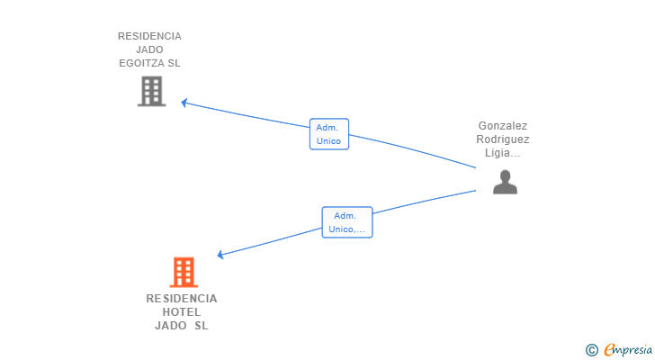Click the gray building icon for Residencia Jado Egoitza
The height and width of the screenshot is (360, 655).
(x=152, y=91)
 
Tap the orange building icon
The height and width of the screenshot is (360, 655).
(x=184, y=273)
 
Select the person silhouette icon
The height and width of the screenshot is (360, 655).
(x=505, y=182)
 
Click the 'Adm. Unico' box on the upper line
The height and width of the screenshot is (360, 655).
(x=329, y=134)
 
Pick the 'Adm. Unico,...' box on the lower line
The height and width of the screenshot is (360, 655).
(x=347, y=222)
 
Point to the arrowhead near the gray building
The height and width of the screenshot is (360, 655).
(x=184, y=103)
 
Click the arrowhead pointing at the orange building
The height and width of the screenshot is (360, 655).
(x=220, y=255)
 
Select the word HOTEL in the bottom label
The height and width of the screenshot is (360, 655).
(x=182, y=312)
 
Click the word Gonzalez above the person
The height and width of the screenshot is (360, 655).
(x=503, y=126)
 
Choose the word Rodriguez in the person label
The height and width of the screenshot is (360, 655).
(x=503, y=139)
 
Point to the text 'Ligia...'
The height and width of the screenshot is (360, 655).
(x=503, y=153)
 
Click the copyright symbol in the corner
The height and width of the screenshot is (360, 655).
(x=591, y=350)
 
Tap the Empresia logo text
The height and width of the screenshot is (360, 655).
(x=628, y=350)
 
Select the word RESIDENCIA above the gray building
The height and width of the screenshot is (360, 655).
(x=149, y=36)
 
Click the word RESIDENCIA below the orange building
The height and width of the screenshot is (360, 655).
(x=182, y=299)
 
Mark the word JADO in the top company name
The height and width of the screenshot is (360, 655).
(x=149, y=49)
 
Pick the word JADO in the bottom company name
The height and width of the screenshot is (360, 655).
(x=170, y=325)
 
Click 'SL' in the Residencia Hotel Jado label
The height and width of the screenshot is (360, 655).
(x=201, y=325)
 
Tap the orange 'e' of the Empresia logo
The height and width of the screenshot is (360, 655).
(x=609, y=349)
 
